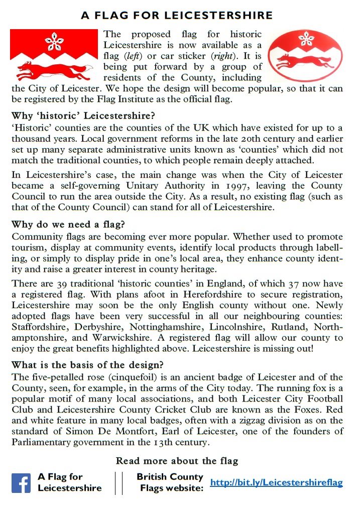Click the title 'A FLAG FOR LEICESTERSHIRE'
click(x=177, y=16)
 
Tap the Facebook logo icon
click(x=21, y=483)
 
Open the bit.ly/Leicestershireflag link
click(x=276, y=483)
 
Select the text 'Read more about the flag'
click(x=177, y=460)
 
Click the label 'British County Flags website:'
click(x=171, y=482)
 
